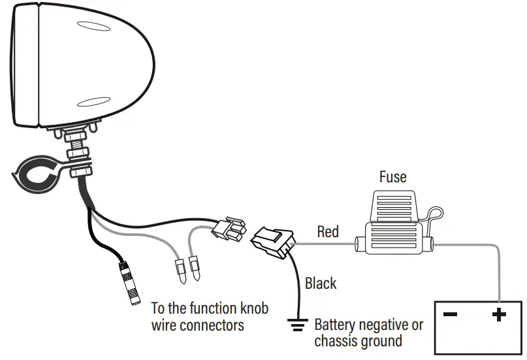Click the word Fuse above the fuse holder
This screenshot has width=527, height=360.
coord(392,177)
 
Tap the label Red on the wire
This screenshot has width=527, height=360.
coord(328,231)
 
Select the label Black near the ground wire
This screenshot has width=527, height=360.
coord(321,284)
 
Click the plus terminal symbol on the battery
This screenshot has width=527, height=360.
coord(499,316)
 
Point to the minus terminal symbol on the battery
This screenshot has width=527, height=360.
coord(450,315)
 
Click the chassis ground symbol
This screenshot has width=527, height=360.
coord(299,323)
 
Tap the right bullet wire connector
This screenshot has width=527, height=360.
coord(194,268)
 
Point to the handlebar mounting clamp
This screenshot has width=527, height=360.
coord(39,175)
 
